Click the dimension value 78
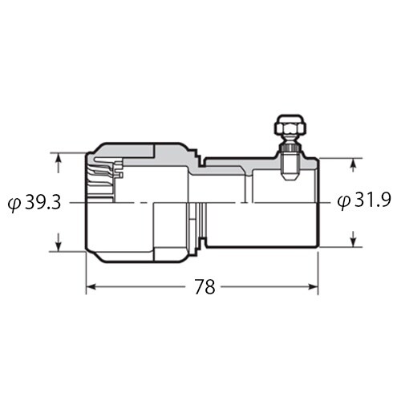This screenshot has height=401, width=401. pos(205,287)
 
